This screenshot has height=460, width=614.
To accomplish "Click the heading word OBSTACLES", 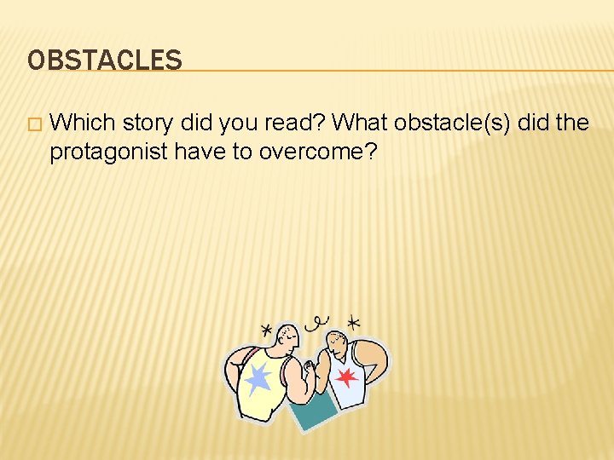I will coord(104,60).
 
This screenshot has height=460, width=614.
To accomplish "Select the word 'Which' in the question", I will coord(83,123).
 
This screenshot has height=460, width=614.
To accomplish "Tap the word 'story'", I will coord(148,123).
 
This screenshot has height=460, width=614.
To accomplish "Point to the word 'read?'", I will coord(295,123).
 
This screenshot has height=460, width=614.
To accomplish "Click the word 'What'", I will coord(360,123).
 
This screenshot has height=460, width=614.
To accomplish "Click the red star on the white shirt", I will coord(346,377).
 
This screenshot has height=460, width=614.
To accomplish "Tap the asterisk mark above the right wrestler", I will coord(353,322).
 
